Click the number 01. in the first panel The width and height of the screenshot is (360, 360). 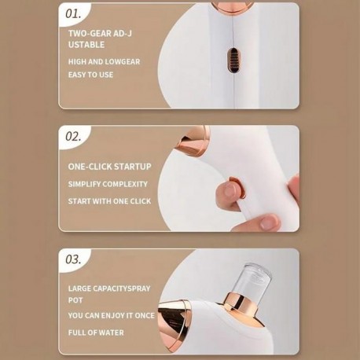(73, 14)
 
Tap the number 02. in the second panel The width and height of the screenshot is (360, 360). (73, 137)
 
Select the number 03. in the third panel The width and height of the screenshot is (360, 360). (73, 259)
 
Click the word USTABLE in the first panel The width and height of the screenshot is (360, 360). (86, 45)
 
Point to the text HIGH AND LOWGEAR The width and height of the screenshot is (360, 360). (104, 62)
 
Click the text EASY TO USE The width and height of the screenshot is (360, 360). (90, 75)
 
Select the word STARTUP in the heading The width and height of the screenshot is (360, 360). (133, 167)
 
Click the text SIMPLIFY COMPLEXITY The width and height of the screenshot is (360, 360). (108, 184)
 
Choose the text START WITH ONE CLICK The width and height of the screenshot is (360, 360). (109, 201)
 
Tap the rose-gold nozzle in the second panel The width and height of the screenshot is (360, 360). (195, 141)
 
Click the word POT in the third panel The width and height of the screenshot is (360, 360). (75, 300)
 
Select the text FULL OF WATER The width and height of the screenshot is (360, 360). (96, 332)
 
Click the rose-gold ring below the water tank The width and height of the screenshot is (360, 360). (239, 304)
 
